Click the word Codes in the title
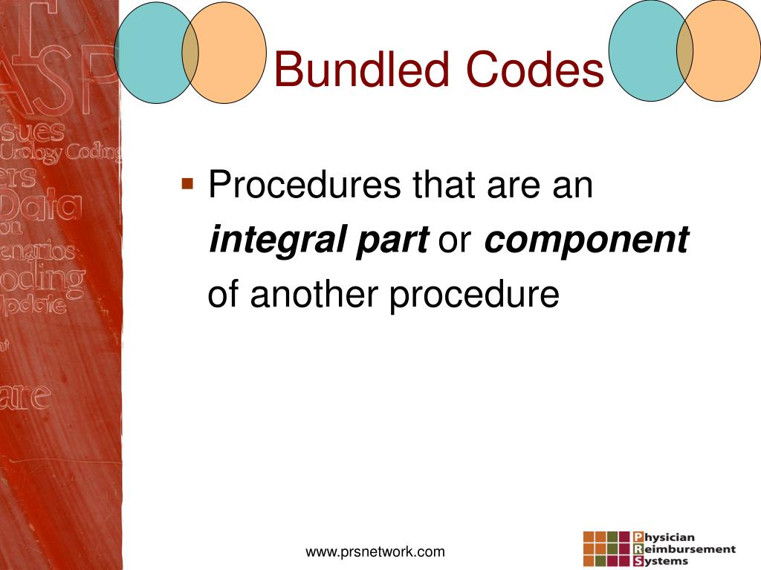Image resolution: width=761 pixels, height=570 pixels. click(535, 70)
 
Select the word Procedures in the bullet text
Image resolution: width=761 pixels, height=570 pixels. click(305, 185)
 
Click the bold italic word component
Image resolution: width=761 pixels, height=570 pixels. click(586, 240)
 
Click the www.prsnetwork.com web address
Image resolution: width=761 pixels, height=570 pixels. click(375, 551)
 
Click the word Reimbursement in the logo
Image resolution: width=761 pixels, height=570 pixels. click(690, 549)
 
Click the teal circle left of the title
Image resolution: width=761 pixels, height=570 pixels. click(152, 51)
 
